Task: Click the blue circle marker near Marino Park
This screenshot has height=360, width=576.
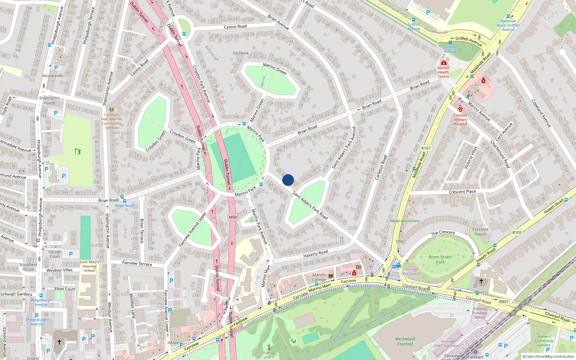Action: (288, 180)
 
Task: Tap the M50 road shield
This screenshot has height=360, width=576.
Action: (233, 217)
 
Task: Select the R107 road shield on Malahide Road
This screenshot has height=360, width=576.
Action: (426, 148)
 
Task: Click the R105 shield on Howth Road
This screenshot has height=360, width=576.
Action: (517, 233)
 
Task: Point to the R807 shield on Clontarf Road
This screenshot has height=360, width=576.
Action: (504, 302)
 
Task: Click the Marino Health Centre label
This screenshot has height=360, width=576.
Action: (443, 72)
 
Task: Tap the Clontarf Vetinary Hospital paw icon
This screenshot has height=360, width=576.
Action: (460, 109)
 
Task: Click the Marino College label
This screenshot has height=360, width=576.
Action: (319, 277)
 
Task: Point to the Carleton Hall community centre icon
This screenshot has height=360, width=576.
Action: (112, 109)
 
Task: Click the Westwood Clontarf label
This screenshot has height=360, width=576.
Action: (405, 341)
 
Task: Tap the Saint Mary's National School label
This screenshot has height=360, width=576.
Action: (89, 266)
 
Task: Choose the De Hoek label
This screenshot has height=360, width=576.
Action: (240, 53)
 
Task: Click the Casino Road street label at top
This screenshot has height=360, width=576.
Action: (235, 27)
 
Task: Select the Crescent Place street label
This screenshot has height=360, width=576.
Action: (462, 192)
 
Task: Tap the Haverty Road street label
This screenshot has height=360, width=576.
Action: (315, 254)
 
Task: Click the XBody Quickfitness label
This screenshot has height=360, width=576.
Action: (405, 221)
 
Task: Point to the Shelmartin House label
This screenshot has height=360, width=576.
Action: (49, 100)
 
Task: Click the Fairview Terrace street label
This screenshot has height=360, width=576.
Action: (137, 263)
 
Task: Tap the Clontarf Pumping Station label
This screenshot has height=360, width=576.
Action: (480, 313)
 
